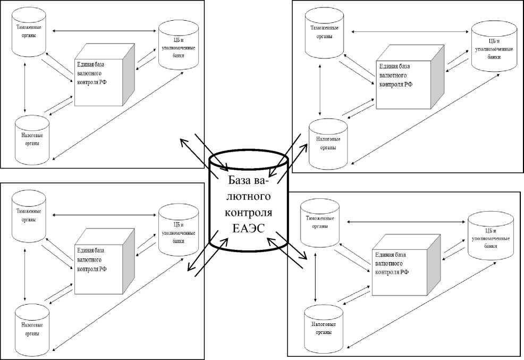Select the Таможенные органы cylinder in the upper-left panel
point(29,32)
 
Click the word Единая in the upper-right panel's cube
point(389,66)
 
